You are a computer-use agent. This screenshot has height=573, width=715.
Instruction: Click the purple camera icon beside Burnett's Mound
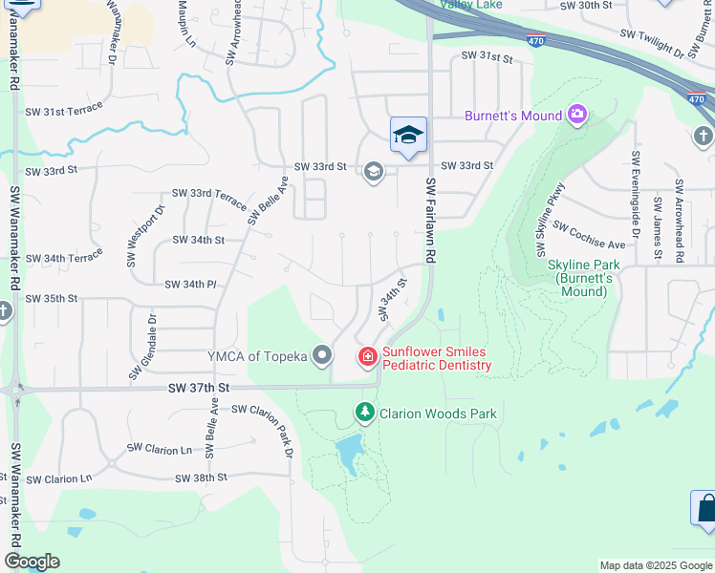(x=576, y=116)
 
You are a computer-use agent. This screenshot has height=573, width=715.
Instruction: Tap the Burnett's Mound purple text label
(x=513, y=117)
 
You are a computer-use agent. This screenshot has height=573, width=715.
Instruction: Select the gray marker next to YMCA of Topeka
(x=323, y=357)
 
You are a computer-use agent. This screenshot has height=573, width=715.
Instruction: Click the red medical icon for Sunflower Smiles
(x=367, y=357)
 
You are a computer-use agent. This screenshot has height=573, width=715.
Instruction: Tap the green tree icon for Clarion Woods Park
(x=364, y=413)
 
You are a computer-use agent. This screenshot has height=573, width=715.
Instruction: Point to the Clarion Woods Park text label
(x=438, y=414)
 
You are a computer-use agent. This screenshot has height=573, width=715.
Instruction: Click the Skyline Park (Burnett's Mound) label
(x=584, y=278)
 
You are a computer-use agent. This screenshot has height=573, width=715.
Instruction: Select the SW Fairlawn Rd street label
(x=431, y=221)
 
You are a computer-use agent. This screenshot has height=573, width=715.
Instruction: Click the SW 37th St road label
(x=199, y=388)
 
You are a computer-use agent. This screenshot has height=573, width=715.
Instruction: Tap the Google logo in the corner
(x=32, y=562)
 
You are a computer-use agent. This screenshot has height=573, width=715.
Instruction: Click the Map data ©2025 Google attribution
(x=655, y=565)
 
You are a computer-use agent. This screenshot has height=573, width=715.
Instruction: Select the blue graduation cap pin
(x=408, y=137)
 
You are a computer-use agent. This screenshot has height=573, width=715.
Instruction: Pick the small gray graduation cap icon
(x=373, y=172)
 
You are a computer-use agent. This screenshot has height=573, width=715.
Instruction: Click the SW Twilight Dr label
(x=653, y=42)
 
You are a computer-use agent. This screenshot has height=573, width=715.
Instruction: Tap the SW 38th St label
(x=201, y=477)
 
